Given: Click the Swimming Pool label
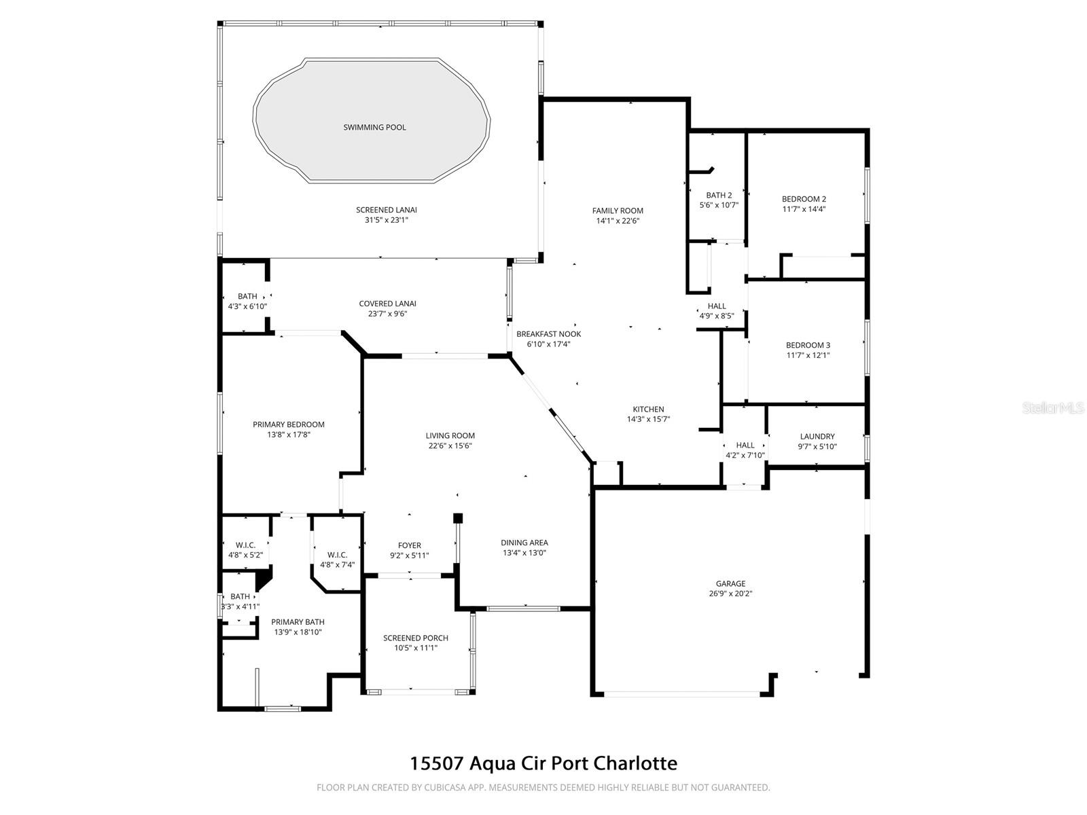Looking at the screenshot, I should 374,127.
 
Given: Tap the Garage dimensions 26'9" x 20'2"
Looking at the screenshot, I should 730,593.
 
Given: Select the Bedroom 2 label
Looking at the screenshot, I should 804,199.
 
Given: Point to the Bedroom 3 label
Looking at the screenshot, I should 808,345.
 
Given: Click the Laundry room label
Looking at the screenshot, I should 817,437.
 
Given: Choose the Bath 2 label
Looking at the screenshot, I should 719,195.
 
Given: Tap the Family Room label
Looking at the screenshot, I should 618,211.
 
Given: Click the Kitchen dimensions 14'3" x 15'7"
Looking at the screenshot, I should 648,419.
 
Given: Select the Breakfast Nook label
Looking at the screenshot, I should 548,334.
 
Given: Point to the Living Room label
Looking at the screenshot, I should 450,436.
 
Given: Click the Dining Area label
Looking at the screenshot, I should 524,543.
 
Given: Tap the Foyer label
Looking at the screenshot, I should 409,545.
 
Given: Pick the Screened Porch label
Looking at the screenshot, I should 415,638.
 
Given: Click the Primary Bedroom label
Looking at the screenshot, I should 288,424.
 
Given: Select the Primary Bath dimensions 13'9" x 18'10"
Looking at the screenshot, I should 298,632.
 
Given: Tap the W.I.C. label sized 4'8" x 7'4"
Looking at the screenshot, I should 337,555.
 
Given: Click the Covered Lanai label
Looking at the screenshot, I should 387,304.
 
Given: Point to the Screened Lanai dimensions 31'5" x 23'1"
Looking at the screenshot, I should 386,220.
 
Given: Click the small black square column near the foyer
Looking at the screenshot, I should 458,518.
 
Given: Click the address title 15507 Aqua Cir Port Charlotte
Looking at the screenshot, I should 543,763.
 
